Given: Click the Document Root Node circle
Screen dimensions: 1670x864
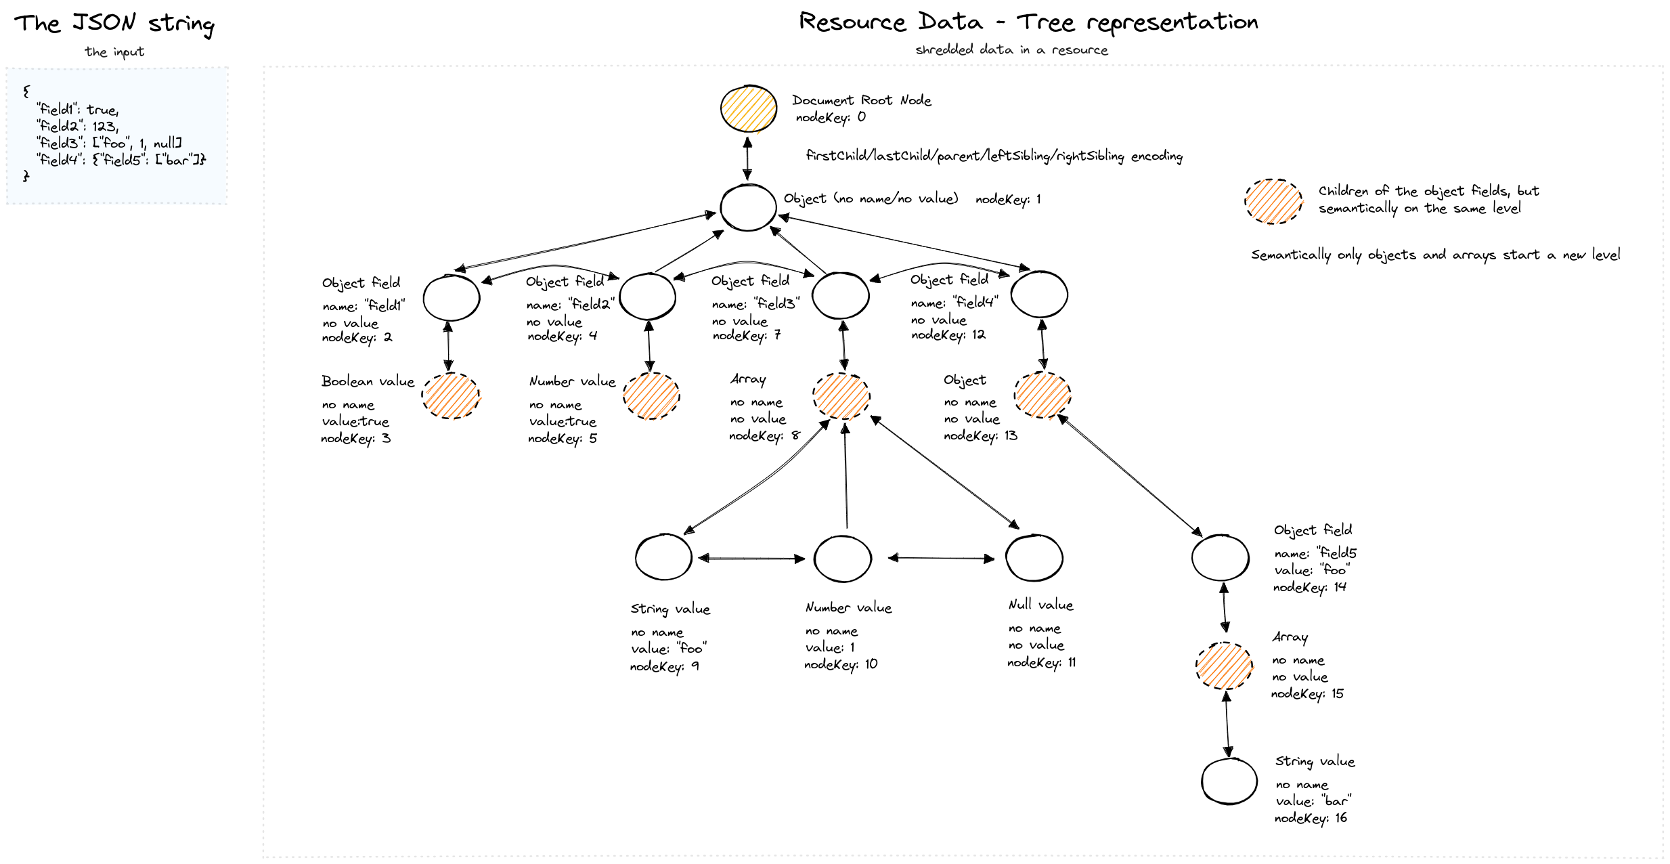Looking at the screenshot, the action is pyautogui.click(x=748, y=109).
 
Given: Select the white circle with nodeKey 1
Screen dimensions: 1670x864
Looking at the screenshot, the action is pyautogui.click(x=748, y=207).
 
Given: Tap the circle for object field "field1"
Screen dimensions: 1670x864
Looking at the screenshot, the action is pyautogui.click(x=452, y=297).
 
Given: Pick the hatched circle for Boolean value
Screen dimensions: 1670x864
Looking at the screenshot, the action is pyautogui.click(x=451, y=395).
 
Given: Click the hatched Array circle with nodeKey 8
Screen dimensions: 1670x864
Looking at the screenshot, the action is pyautogui.click(x=841, y=396).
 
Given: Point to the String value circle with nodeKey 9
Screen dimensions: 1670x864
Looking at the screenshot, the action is pyautogui.click(x=663, y=557).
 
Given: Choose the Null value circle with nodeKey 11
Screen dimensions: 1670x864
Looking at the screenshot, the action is pyautogui.click(x=1034, y=557).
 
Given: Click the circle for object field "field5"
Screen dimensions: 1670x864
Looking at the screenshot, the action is pyautogui.click(x=1220, y=557).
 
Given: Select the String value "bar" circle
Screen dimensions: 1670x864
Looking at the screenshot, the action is pyautogui.click(x=1229, y=781).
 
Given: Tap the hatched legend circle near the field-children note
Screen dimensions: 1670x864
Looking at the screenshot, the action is pyautogui.click(x=1273, y=201).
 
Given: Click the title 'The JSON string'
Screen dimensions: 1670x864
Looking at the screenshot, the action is pyautogui.click(x=114, y=24).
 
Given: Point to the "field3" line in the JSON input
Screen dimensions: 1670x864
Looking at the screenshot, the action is pyautogui.click(x=110, y=143).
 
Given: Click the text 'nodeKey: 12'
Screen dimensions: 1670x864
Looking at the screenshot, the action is pyautogui.click(x=948, y=335).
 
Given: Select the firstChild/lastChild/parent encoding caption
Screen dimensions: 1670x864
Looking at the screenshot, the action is pyautogui.click(x=994, y=156).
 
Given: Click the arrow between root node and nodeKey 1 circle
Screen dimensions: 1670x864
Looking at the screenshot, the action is pyautogui.click(x=747, y=158).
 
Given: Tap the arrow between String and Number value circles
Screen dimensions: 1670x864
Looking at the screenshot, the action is pyautogui.click(x=751, y=559).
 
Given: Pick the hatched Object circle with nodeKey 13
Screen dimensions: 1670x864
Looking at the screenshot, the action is pyautogui.click(x=1042, y=395).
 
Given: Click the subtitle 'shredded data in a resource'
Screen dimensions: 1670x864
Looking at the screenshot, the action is pyautogui.click(x=1011, y=50).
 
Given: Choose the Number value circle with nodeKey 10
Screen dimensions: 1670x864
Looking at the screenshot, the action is pyautogui.click(x=842, y=559).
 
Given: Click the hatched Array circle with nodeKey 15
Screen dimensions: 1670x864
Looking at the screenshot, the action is pyautogui.click(x=1224, y=666).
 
